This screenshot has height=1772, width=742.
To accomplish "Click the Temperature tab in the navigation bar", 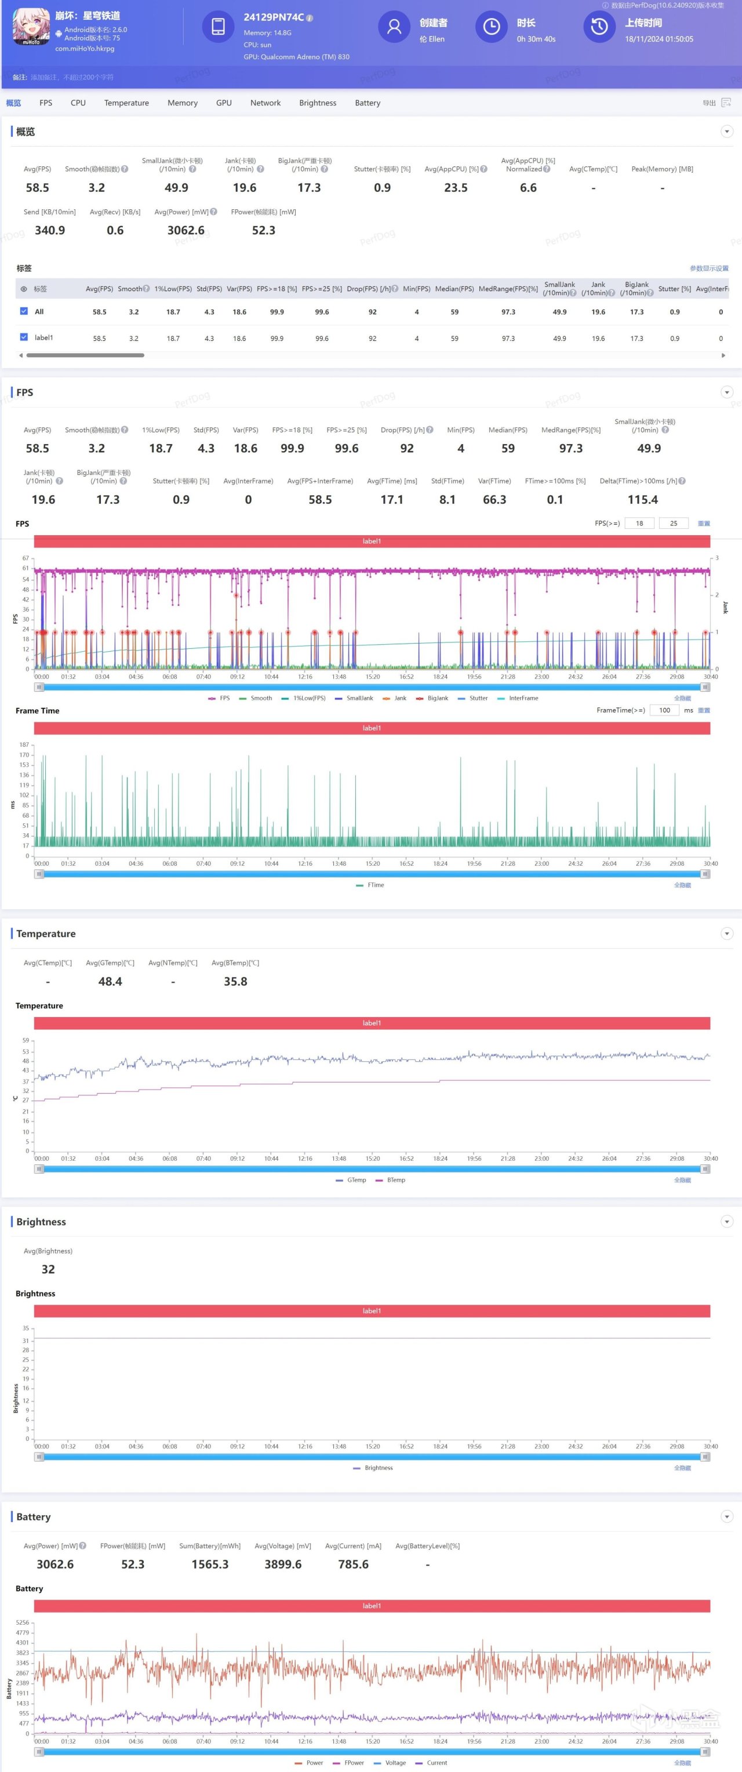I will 126,103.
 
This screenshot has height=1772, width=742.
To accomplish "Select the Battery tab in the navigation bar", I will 367,103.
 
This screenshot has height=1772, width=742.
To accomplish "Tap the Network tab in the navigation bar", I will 265,103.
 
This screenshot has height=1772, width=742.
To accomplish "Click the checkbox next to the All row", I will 24,311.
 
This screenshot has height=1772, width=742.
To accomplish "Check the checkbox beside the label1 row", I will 24,337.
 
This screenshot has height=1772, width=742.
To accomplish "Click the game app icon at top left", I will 31,27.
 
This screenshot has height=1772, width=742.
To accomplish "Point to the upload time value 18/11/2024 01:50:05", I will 658,39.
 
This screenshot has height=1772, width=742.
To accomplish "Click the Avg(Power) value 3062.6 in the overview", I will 185,230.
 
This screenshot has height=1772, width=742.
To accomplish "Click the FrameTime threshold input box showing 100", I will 664,710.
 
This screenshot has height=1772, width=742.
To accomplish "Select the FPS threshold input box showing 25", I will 673,524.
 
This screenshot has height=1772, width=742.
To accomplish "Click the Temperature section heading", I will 46,934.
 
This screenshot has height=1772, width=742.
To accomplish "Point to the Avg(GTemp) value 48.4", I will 110,982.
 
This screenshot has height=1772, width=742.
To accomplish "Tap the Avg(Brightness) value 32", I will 48,1270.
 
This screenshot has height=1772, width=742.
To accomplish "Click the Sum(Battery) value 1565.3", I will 210,1564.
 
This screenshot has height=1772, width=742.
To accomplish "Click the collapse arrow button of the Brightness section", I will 727,1222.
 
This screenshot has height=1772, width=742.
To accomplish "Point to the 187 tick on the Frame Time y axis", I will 24,745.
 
